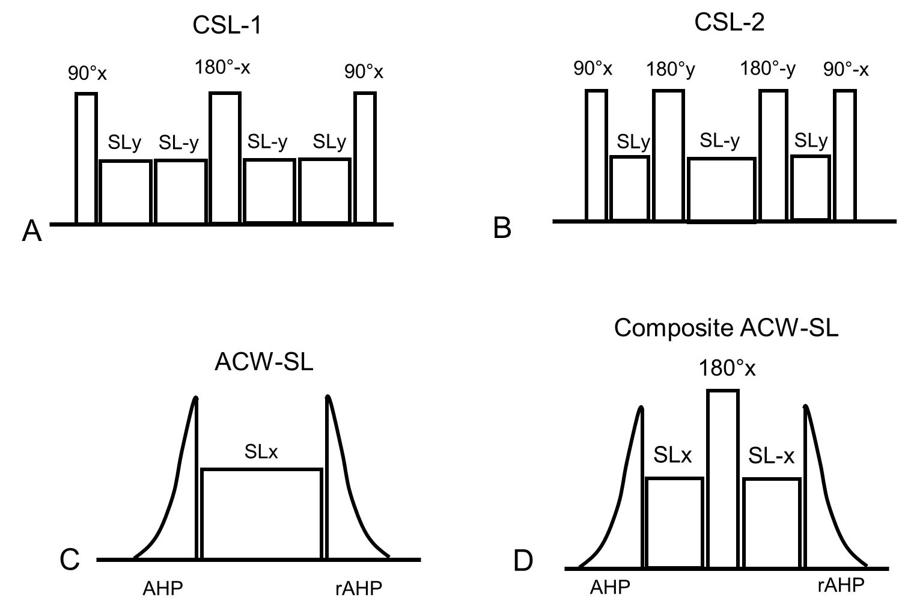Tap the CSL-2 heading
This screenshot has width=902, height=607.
730,24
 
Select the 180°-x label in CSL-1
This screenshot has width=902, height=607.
222,67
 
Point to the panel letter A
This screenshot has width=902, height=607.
32,231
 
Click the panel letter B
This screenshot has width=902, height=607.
502,228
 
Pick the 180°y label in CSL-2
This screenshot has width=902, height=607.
670,70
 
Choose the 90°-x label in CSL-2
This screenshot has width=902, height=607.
846,70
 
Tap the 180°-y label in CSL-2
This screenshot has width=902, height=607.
767,70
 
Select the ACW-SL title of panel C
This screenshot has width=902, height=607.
264,364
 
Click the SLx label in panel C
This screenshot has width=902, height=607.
261,453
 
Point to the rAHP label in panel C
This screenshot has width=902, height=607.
358,588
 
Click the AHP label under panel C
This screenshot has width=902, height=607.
162,588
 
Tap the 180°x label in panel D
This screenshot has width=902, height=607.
726,368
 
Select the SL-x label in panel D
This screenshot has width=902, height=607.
772,457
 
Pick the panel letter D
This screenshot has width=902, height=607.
523,562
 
